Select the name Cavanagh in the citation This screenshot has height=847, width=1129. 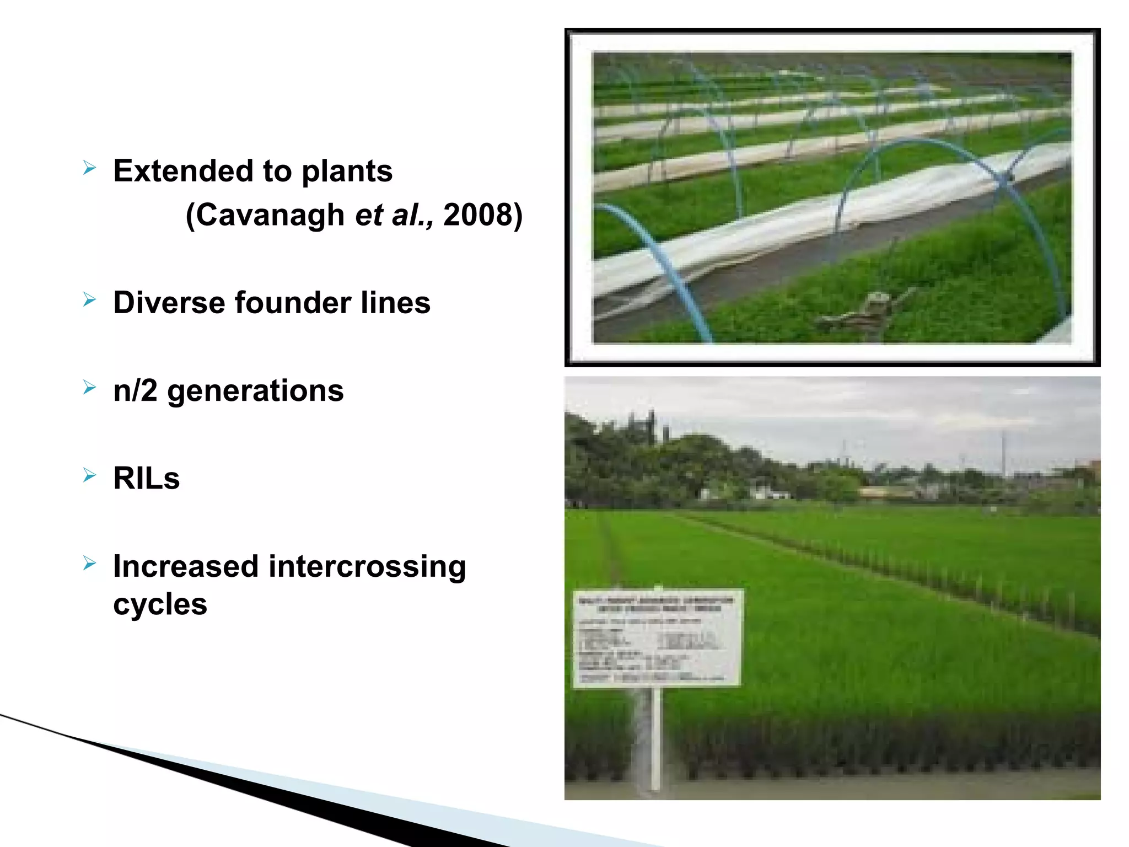click(x=270, y=215)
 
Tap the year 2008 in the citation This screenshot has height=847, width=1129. click(x=478, y=215)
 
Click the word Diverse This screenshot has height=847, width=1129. click(x=169, y=303)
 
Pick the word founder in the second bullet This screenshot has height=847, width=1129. click(x=293, y=303)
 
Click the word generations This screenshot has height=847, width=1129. click(x=255, y=392)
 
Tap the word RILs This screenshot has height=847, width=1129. click(x=146, y=478)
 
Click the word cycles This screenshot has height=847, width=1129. click(x=160, y=604)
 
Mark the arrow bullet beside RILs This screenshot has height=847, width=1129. click(x=89, y=475)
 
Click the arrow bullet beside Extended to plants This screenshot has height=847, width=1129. click(x=89, y=168)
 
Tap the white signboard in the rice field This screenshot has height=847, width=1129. click(x=658, y=638)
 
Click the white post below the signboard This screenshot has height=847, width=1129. click(x=655, y=739)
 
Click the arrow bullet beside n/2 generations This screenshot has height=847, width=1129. click(x=89, y=388)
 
